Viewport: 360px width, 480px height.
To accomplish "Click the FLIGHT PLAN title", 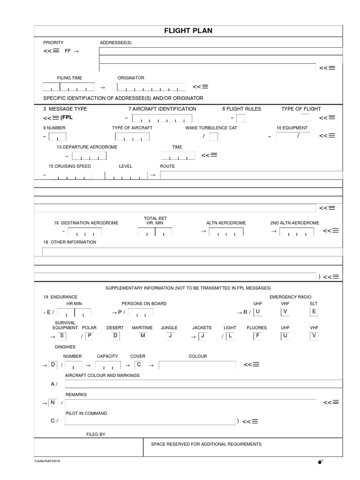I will coord(188,31).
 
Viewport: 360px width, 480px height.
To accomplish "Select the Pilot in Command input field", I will coord(150,420).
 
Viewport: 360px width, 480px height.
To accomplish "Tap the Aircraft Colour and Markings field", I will coord(204,384).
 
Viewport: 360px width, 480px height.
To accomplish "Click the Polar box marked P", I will coord(90,336).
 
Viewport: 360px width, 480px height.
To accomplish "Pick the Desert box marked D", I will coord(116,336).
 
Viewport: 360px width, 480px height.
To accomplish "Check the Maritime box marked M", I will coord(143,336).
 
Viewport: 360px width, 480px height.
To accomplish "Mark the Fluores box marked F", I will coord(257,336).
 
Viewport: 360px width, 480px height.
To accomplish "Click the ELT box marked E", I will coord(314,312).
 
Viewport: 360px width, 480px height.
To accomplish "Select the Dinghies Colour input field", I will coord(197,365).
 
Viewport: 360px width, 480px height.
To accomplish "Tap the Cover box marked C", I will coord(139,364).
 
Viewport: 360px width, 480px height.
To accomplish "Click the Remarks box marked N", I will coord(53,402).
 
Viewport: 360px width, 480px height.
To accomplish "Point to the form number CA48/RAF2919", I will coord(47,461).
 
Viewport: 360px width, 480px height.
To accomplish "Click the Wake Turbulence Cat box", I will coord(213,136).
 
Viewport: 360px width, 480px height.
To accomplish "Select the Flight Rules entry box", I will coord(240,118).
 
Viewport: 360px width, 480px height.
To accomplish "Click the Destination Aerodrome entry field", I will coord(84,232).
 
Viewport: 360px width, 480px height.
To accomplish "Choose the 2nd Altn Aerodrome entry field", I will coord(297,232).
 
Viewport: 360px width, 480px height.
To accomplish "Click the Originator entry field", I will coord(151,87).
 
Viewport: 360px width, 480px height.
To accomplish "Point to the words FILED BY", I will coord(96,435).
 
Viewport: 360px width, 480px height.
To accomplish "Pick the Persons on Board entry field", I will coord(141,312).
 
